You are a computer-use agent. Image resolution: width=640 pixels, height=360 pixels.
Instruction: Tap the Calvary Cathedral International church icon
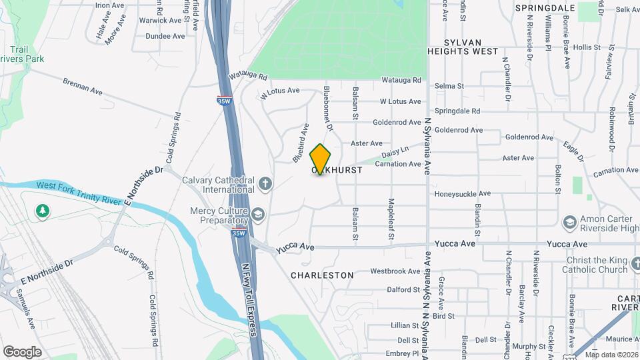click(x=265, y=183)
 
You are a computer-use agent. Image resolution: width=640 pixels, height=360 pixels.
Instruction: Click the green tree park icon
click(x=43, y=211)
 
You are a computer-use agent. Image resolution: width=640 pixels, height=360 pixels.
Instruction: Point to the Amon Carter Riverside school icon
click(x=569, y=221)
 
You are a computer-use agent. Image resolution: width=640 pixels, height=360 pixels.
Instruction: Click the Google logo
click(x=22, y=351)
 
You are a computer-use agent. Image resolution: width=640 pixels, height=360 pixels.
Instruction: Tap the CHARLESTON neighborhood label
click(x=322, y=275)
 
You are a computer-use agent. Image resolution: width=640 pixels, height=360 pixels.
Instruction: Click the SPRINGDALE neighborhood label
click(x=545, y=8)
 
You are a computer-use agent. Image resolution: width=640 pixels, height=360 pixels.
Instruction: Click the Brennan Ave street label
click(x=83, y=89)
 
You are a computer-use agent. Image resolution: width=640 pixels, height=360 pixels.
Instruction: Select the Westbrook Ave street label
click(x=395, y=271)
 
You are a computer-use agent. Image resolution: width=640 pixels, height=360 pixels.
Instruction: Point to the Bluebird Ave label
click(x=301, y=143)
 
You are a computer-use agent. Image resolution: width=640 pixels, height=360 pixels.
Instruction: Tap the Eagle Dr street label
click(x=573, y=150)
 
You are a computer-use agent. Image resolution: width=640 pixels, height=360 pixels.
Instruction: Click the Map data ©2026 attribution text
click(x=610, y=355)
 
